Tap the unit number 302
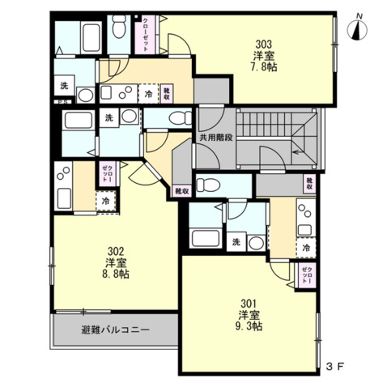(x=114, y=250)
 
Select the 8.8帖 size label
(x=114, y=274)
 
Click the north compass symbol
(x=357, y=30)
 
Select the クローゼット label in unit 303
(x=145, y=35)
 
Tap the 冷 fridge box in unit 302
(x=106, y=200)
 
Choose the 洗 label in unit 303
(x=64, y=87)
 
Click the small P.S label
(x=61, y=102)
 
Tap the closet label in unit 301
(x=306, y=274)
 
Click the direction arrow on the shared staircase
(x=297, y=149)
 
